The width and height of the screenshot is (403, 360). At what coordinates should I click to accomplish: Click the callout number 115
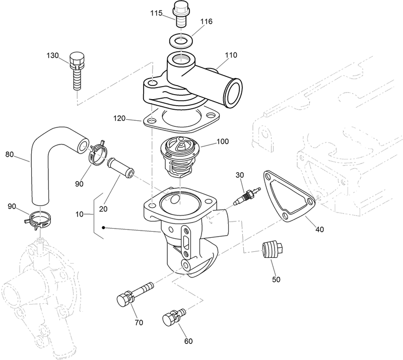156,14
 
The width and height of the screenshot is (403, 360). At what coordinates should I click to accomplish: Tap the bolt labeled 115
180,12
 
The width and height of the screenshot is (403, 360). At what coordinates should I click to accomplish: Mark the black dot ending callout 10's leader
103,228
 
